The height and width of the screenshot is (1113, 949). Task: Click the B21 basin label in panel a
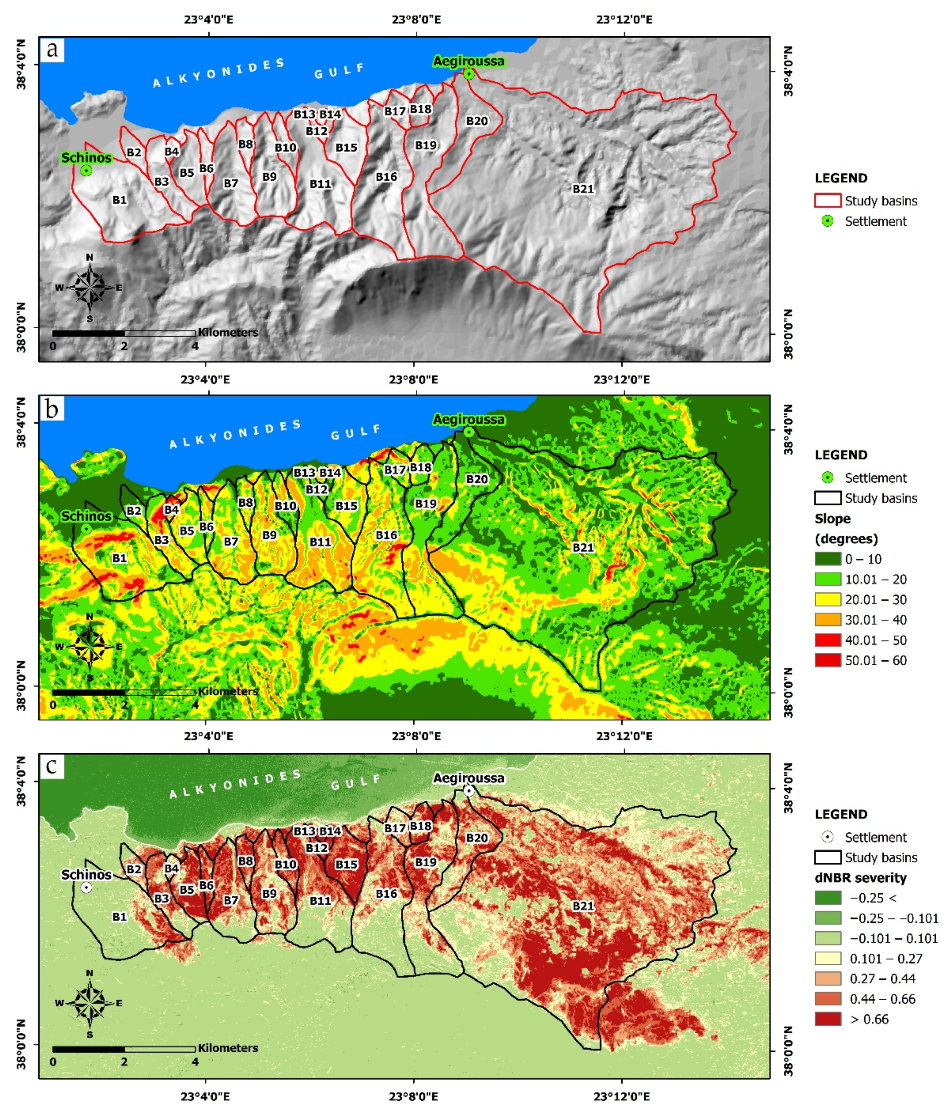[x=583, y=189]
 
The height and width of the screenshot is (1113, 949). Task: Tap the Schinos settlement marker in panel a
[x=86, y=171]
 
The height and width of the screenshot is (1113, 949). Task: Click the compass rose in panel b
[x=89, y=646]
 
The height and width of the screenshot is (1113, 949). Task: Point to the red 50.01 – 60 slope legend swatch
[x=827, y=660]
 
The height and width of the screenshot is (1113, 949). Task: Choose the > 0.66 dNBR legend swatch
[x=827, y=1019]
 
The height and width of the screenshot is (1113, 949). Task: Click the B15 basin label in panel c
[x=346, y=864]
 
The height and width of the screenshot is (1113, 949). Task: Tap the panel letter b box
[x=52, y=409]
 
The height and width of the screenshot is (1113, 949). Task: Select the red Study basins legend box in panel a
[x=827, y=201]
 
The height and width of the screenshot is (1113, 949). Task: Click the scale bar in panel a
[x=124, y=334]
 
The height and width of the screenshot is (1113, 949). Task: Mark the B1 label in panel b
[x=119, y=558]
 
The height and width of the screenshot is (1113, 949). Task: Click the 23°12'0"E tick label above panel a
[x=623, y=20]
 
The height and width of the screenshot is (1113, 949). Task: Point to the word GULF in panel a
[x=340, y=71]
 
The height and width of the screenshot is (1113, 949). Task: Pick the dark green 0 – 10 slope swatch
[x=827, y=559]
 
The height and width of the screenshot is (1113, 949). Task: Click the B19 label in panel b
[x=426, y=504]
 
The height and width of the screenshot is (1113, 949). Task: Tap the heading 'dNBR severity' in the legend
[x=860, y=878]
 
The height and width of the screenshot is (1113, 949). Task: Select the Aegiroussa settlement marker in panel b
[x=468, y=432]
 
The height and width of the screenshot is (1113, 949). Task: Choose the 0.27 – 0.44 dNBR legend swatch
[x=827, y=979]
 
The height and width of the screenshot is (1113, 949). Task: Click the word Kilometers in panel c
[x=228, y=1048]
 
